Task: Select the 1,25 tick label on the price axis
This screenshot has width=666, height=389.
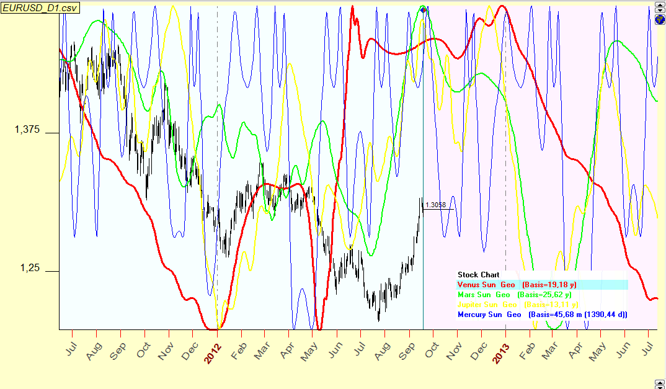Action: coord(30,269)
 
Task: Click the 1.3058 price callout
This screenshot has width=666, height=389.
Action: coord(436,205)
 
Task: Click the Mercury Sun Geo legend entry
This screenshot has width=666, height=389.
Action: coord(489,315)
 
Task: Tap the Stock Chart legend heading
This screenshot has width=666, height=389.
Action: coord(478,275)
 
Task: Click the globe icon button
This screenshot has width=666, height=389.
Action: coord(660,19)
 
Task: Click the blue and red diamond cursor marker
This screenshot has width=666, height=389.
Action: coord(423,9)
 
